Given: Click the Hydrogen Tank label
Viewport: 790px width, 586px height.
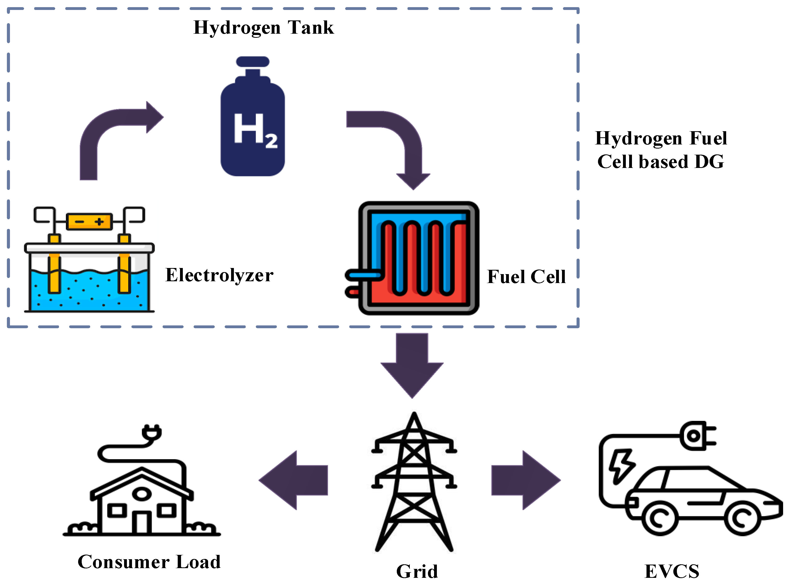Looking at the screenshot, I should [x=263, y=28].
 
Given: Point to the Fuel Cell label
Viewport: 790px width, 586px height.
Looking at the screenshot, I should [x=526, y=277].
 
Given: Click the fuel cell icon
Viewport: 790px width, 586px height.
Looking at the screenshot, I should [x=417, y=258].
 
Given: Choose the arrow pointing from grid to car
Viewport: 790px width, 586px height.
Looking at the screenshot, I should [x=525, y=480].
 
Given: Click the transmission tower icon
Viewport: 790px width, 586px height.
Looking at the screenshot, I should [x=414, y=482].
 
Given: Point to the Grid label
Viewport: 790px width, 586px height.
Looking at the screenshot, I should [x=417, y=571].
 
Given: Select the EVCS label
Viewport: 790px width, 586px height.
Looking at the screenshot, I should [x=672, y=571].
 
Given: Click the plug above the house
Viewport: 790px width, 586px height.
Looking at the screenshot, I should [x=152, y=433].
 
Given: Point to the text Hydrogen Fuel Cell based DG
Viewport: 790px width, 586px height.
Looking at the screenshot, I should [x=661, y=150].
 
